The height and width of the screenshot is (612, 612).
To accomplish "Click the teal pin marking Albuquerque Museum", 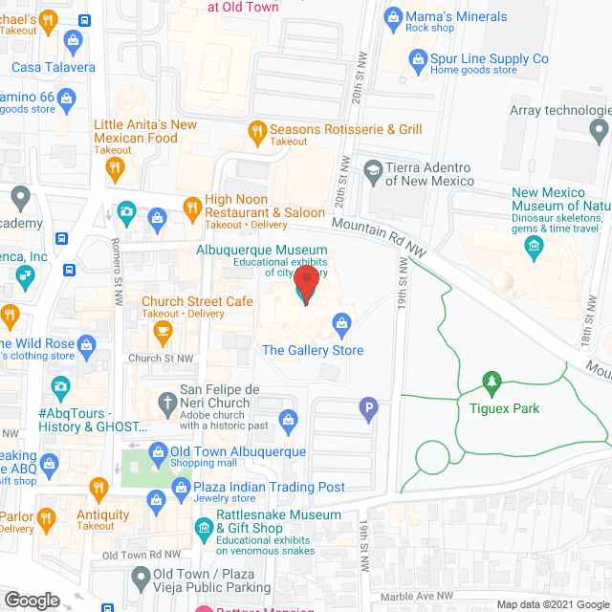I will pyautogui.click(x=305, y=284).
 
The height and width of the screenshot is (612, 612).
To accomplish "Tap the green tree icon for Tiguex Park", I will pyautogui.click(x=492, y=383).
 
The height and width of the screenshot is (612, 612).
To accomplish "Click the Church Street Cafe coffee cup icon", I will pyautogui.click(x=162, y=332).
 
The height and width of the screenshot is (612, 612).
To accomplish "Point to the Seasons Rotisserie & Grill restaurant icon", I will pyautogui.click(x=255, y=130).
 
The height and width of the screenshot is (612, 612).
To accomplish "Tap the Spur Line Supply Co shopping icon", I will pyautogui.click(x=417, y=60).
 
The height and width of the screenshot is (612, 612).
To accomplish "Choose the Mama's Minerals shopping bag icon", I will pyautogui.click(x=391, y=16).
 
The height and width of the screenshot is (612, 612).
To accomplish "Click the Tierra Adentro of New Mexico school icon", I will pyautogui.click(x=372, y=173).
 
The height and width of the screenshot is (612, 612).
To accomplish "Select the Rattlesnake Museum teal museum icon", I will pyautogui.click(x=203, y=527).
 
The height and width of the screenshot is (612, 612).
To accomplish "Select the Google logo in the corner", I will pyautogui.click(x=31, y=600).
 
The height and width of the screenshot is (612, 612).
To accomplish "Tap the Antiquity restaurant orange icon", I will pyautogui.click(x=96, y=491).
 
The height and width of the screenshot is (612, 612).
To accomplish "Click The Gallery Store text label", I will pyautogui.click(x=313, y=350).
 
